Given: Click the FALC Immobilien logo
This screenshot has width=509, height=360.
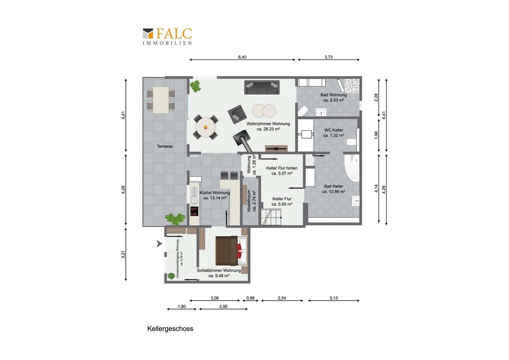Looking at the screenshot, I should coord(167,36).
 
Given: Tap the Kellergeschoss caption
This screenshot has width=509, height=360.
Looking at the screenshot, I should coord(170,329).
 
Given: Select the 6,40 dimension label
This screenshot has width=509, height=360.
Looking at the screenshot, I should coord(242,57).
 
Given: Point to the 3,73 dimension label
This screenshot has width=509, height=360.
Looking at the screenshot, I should coord(328,57).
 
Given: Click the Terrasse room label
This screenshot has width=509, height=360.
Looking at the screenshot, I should coord(165,146).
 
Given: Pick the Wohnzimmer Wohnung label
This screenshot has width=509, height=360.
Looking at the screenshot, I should coord(268,126).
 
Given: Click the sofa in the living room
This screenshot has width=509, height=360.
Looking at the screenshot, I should coord(261,87).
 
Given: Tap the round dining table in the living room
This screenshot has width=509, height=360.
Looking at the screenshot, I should coord(206,127).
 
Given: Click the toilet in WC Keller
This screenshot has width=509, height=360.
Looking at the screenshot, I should coord(352,142).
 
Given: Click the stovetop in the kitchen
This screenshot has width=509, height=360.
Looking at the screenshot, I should coord(194,211).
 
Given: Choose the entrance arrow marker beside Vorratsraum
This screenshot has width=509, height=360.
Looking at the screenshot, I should coord(159,244).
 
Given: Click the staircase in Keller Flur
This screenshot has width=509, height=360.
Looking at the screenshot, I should coord(271,217).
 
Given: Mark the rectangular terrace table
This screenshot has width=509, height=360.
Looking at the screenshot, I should coord(161,100).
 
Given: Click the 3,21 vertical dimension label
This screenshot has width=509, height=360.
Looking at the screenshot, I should coord(123,254).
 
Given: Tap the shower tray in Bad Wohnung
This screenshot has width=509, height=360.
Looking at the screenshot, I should coord(352,86).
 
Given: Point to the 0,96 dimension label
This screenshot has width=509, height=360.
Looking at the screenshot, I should coord(250,298).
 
